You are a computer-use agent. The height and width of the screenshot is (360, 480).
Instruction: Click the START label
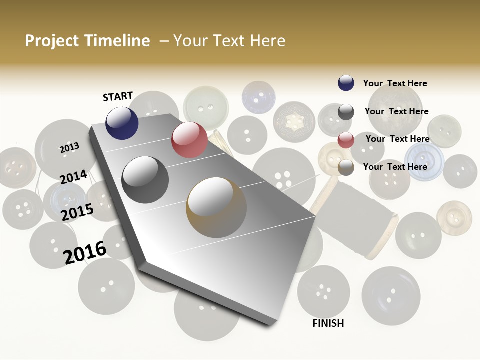tap(118, 96)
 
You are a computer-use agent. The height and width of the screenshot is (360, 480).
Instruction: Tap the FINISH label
tap(328, 323)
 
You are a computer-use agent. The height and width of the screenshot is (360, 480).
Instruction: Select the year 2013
tap(69, 148)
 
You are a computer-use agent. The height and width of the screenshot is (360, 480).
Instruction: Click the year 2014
tap(73, 177)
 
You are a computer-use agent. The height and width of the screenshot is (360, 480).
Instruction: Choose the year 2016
tap(85, 252)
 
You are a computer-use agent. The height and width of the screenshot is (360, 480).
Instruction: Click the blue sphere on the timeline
tap(122, 123)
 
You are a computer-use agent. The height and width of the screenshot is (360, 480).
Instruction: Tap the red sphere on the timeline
tap(189, 140)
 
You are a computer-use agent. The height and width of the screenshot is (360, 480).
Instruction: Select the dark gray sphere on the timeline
tap(145, 179)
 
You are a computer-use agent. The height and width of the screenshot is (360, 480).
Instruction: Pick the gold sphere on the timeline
tap(216, 207)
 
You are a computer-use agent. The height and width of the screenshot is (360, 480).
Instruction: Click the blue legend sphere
tap(346, 83)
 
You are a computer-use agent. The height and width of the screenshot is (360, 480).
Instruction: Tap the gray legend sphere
tap(346, 112)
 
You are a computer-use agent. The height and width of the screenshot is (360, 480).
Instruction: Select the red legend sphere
tap(346, 140)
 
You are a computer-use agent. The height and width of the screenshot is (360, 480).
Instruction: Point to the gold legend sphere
tap(346, 167)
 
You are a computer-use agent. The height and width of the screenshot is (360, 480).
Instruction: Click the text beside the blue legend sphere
tap(395, 83)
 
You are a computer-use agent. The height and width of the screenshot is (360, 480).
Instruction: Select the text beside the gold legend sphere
tap(395, 167)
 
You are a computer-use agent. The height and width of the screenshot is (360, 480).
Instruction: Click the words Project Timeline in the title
tap(87, 41)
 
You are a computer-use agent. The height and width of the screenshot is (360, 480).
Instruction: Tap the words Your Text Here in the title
tap(229, 41)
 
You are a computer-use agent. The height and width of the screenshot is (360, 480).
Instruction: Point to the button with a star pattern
tap(294, 121)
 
